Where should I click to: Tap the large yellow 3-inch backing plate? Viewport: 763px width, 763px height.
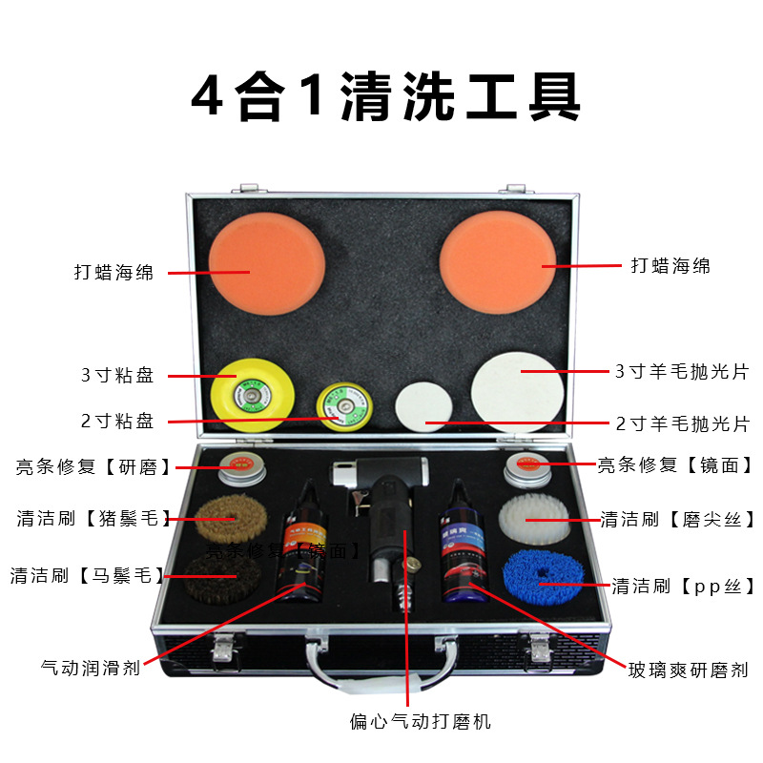tap(251, 390)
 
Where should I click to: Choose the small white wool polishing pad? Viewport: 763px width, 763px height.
tap(423, 408)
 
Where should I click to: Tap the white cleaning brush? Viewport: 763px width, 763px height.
tap(533, 521)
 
